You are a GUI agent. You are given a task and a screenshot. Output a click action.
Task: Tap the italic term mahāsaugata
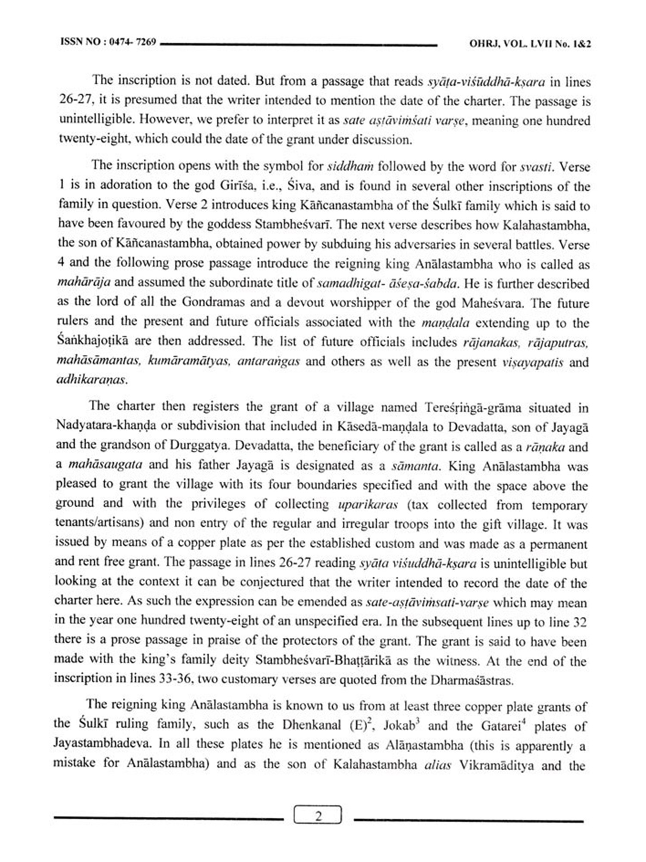click(x=106, y=465)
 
